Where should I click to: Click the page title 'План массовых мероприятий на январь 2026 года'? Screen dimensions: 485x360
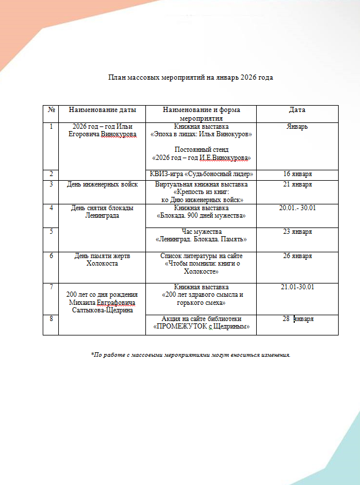click(190, 77)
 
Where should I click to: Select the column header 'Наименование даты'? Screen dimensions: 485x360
click(102, 110)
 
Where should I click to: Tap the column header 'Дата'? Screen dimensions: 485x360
click(297, 110)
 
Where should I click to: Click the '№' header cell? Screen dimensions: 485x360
click(51, 110)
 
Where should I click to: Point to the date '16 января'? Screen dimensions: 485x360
click(297, 174)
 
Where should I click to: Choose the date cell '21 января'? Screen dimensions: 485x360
click(297, 185)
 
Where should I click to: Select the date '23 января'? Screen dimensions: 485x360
click(297, 232)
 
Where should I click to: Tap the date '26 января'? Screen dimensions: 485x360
click(297, 256)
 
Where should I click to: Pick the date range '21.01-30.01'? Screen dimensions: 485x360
click(297, 287)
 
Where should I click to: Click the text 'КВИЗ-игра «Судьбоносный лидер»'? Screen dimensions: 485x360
click(201, 174)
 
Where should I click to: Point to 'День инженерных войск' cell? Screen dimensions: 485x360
click(102, 185)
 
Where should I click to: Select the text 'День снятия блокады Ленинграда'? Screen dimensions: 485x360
click(102, 212)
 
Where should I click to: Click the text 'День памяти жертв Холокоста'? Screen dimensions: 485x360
click(102, 259)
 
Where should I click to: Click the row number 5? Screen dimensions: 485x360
click(51, 232)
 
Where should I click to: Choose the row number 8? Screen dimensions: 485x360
click(51, 319)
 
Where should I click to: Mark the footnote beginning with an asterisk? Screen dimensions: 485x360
click(190, 355)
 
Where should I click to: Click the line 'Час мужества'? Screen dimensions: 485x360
click(201, 232)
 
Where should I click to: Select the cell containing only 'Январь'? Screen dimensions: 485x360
click(297, 126)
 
